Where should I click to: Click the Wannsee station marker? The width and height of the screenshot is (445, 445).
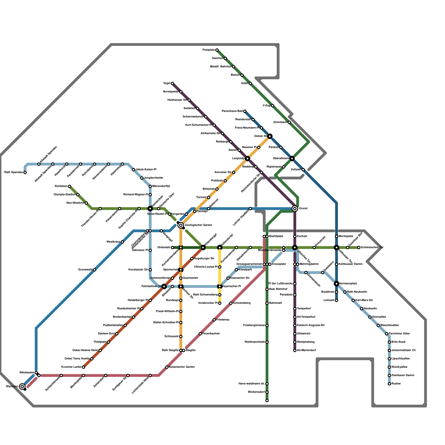pyautogui.click(x=22, y=387)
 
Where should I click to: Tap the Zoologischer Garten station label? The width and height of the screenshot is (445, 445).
pyautogui.click(x=198, y=225)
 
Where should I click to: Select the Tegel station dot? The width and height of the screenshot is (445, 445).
pyautogui.click(x=172, y=83)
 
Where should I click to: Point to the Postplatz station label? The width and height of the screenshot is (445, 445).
pyautogui.click(x=209, y=50)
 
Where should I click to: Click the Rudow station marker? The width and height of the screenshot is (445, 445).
pyautogui.click(x=389, y=384)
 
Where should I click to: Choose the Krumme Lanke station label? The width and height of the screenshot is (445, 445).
pyautogui.click(x=71, y=367)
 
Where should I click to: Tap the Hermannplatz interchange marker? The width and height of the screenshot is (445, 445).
pyautogui.click(x=337, y=284)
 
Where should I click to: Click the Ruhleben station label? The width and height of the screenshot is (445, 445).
pyautogui.click(x=61, y=186)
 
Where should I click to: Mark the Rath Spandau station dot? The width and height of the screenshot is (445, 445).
pyautogui.click(x=25, y=172)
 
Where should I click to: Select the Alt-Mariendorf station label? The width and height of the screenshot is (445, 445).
pyautogui.click(x=306, y=350)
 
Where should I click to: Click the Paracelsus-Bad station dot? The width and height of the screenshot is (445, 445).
pyautogui.click(x=245, y=111)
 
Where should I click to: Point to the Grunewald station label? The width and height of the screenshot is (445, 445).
pyautogui.click(x=85, y=270)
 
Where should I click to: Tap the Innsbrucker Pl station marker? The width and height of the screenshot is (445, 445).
pyautogui.click(x=220, y=303)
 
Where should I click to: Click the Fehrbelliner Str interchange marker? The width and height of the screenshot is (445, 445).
pyautogui.click(x=164, y=286)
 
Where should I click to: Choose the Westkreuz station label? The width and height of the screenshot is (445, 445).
pyautogui.click(x=113, y=242)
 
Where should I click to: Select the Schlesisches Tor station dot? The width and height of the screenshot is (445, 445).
pyautogui.click(x=359, y=248)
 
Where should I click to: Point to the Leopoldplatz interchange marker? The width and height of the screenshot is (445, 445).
pyautogui.click(x=248, y=159)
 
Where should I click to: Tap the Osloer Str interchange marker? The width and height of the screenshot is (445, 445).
pyautogui.click(x=270, y=136)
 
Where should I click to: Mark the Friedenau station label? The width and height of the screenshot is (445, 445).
pyautogui.click(x=223, y=320)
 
